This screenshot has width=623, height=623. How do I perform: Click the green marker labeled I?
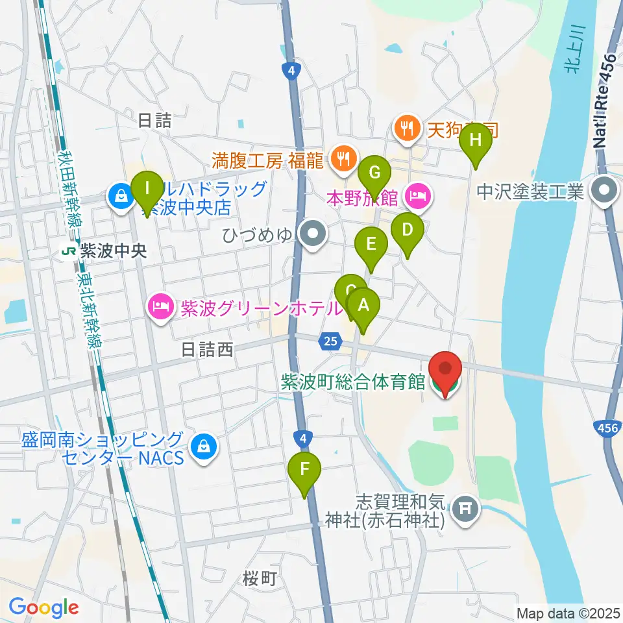147,189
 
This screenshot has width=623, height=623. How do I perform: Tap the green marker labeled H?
476,140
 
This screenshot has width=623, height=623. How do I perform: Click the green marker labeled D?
408,230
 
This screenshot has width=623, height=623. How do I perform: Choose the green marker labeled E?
371,245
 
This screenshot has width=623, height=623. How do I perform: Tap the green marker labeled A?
363,305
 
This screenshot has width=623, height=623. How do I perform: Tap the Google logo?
44,607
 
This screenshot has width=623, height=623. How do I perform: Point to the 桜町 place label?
260,579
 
